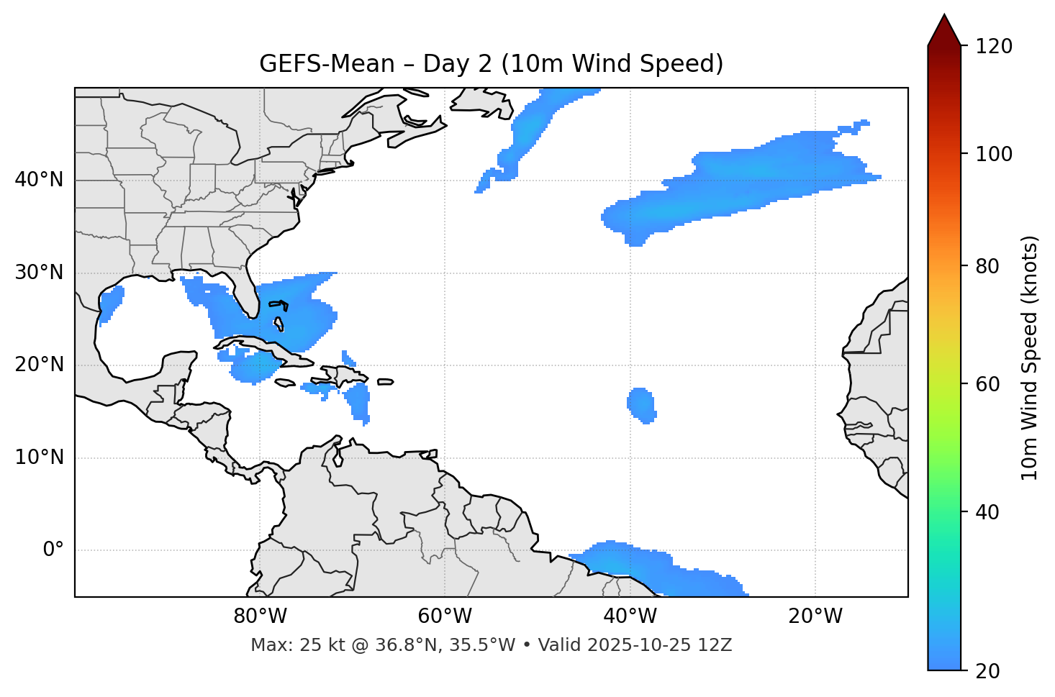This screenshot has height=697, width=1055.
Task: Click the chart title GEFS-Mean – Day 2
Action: pos(491,64)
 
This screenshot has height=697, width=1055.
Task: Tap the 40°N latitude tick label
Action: pos(39,180)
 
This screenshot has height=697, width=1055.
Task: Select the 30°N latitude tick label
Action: pos(39,273)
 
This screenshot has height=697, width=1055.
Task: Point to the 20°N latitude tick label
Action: pos(39,365)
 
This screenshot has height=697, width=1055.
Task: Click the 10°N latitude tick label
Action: pos(39,457)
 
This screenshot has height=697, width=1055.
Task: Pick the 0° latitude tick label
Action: pos(53,550)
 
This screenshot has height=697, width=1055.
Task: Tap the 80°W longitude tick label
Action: pos(260,616)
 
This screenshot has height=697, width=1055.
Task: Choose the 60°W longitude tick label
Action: pos(445,616)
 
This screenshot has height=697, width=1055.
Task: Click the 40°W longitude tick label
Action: pos(630,616)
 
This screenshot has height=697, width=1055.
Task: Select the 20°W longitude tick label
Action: pos(815,616)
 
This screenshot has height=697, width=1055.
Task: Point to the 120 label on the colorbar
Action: pos(993,47)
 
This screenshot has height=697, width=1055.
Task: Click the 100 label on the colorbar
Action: pos(993,154)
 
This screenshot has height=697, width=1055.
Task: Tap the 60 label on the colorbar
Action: pos(988,384)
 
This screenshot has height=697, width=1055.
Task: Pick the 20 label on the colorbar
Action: pos(988,671)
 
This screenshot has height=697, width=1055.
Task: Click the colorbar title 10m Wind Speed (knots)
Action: pos(1030,358)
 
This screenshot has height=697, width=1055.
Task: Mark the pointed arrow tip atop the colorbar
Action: pos(944,16)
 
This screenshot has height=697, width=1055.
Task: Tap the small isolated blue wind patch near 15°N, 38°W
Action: pos(641,406)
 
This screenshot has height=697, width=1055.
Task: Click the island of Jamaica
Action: pos(285,383)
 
